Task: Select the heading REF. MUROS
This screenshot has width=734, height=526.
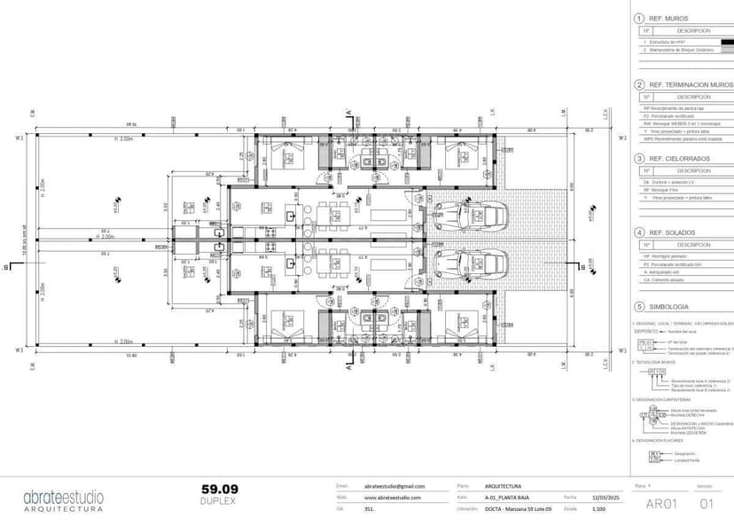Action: (x=668, y=18)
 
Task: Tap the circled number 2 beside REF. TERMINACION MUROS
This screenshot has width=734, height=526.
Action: (x=639, y=84)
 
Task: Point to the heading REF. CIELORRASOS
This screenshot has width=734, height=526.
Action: (x=679, y=158)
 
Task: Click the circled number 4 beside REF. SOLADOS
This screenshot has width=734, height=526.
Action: (x=639, y=232)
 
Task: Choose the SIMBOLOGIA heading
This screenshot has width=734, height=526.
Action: (x=674, y=307)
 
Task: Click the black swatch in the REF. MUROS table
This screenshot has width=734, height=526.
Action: (x=725, y=42)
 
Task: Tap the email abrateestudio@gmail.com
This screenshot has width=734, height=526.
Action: (x=394, y=486)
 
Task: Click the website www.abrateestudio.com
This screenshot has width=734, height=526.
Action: (x=392, y=498)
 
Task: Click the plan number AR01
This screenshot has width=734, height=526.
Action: (x=661, y=504)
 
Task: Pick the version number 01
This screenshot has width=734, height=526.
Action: (x=706, y=504)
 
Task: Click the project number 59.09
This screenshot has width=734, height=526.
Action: (x=220, y=489)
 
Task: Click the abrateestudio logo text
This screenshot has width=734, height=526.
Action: (x=63, y=497)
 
